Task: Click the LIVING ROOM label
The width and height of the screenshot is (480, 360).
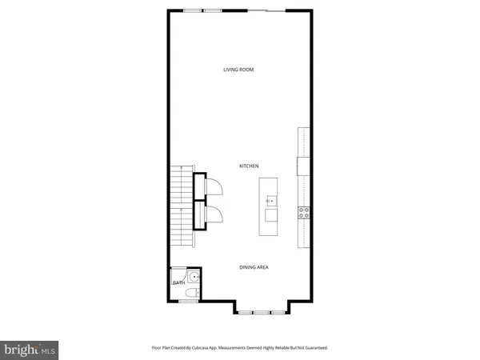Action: [x=238, y=70]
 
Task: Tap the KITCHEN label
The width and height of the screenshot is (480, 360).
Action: [x=249, y=166]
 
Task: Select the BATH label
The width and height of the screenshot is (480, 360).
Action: [x=178, y=282]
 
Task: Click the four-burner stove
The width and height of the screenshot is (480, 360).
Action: [x=304, y=212]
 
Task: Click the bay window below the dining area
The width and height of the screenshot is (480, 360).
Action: [x=262, y=311]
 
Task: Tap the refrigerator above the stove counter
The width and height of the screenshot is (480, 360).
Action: [x=303, y=166]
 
